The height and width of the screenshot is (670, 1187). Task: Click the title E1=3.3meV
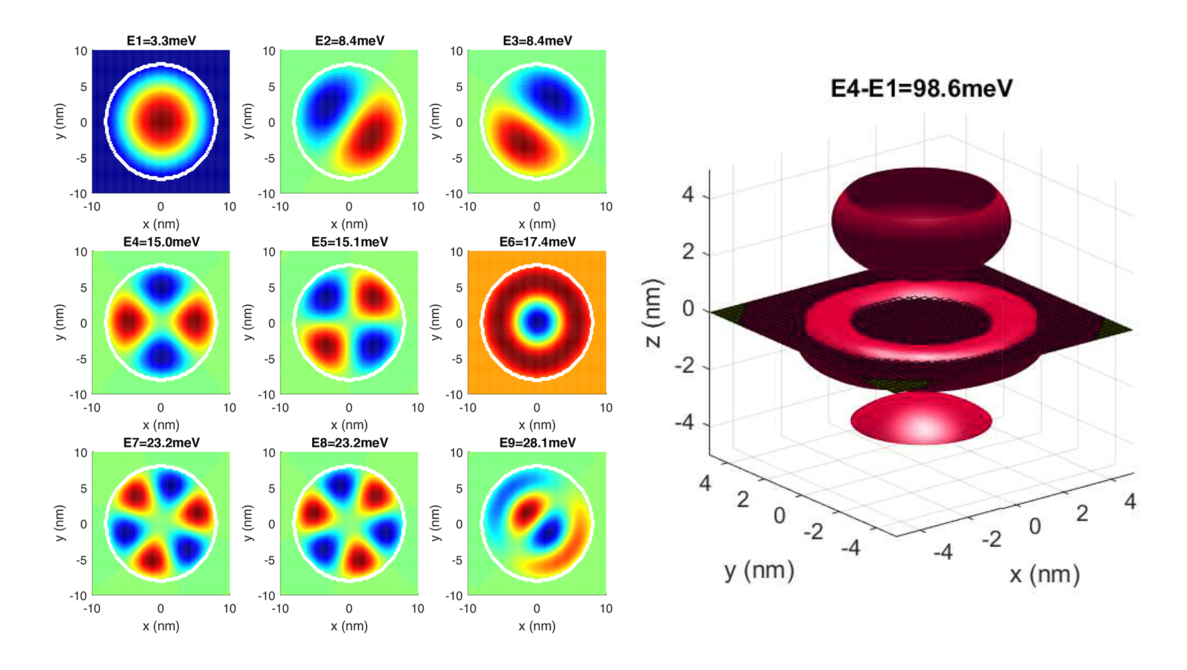click(x=161, y=41)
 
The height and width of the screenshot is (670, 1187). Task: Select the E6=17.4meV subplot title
click(x=537, y=242)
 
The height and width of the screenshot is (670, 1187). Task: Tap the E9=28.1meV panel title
click(x=537, y=443)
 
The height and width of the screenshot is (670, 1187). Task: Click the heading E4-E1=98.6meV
click(x=921, y=88)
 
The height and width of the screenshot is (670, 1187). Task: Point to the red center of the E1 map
click(x=161, y=121)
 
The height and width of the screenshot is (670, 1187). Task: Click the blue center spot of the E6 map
click(x=537, y=322)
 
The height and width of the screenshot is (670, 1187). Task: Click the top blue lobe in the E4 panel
click(x=161, y=285)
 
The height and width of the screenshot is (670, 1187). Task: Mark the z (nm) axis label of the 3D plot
click(x=653, y=312)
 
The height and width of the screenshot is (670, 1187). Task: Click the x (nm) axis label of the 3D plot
click(x=1044, y=574)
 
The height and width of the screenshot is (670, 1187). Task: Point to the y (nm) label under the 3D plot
click(x=759, y=570)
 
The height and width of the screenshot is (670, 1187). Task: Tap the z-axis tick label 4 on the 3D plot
click(x=688, y=194)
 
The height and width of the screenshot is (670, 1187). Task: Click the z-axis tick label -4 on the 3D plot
click(x=684, y=423)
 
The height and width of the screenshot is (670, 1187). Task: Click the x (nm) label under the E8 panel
click(x=349, y=626)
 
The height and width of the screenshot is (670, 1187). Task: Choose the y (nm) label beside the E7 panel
click(x=60, y=523)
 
